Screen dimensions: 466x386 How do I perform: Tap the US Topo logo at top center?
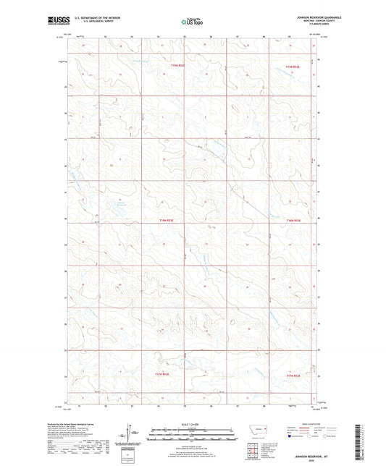[x=191, y=22]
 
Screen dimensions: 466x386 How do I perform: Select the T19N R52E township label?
[x=177, y=66]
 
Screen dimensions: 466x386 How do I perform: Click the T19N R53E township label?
[x=292, y=67]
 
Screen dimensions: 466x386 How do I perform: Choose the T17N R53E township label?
[x=292, y=375]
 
